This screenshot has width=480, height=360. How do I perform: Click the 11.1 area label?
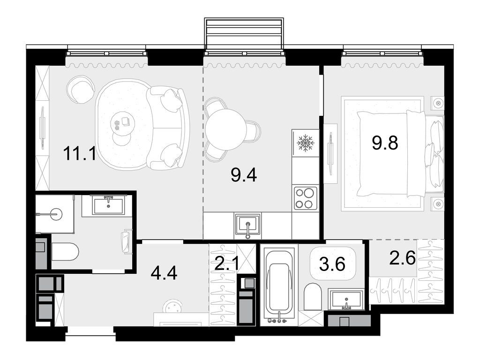(x=79, y=153)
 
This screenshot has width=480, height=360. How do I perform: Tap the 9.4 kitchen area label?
(x=244, y=175)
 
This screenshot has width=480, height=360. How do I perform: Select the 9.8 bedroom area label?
(x=385, y=142)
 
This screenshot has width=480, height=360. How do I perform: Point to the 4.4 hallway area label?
(x=164, y=273)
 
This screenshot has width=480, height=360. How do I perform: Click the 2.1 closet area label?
(x=226, y=263)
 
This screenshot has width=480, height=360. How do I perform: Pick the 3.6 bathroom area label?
(x=332, y=264)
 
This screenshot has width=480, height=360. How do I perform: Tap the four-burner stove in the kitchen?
(x=306, y=198)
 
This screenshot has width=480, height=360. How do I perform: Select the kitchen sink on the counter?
(x=247, y=225)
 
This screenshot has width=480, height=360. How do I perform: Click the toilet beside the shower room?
(x=65, y=252)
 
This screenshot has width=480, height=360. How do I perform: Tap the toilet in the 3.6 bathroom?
(x=313, y=296)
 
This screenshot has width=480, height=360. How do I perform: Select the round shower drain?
(x=56, y=214)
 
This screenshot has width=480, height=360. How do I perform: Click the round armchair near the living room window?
(x=79, y=89)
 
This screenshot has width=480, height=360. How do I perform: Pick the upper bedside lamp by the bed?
(x=438, y=103)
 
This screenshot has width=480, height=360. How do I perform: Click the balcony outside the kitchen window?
(x=244, y=33)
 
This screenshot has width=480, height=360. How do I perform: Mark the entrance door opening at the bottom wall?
(x=90, y=330)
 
